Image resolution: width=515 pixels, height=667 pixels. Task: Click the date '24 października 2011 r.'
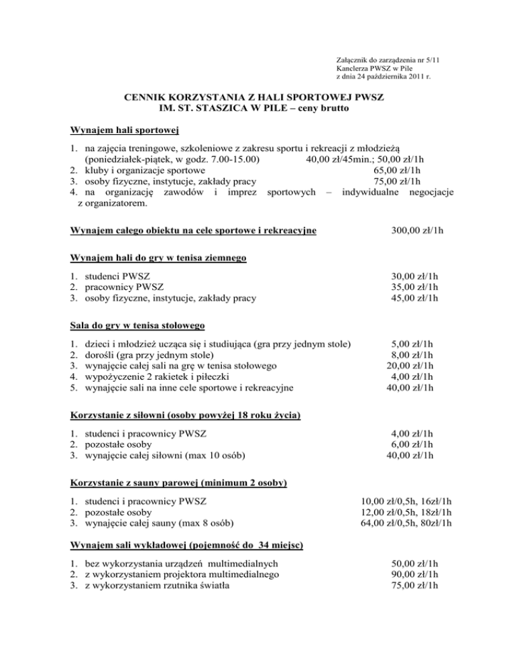[x=393, y=78]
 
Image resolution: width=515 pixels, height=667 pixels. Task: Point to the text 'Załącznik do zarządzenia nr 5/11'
[x=388, y=59]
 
